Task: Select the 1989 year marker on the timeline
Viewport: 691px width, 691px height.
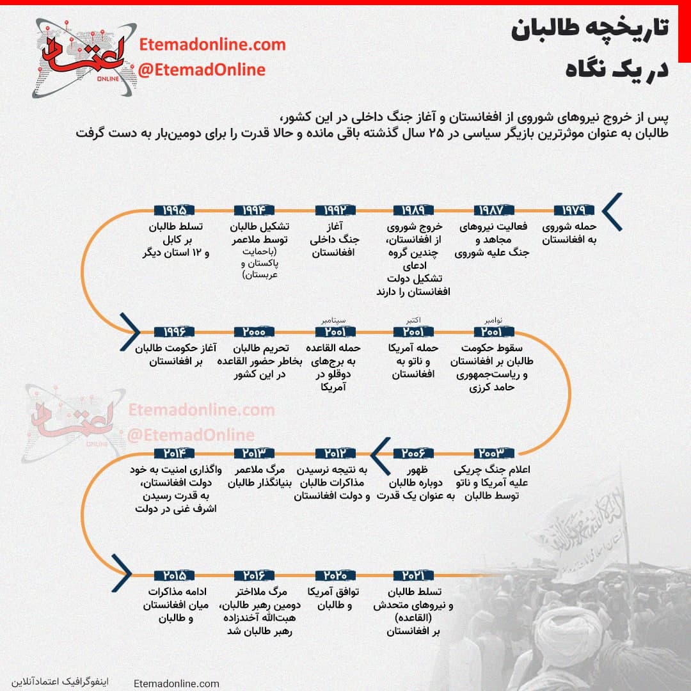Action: coord(413,210)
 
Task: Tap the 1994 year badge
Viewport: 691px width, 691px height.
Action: coord(254,210)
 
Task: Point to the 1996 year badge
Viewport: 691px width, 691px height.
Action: coord(174,331)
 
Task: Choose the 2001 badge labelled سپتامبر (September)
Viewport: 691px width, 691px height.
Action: coord(334,331)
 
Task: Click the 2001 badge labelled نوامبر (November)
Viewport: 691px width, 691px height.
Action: coord(493,331)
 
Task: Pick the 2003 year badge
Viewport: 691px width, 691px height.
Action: coord(493,453)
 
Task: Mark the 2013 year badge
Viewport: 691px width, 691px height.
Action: coord(254,453)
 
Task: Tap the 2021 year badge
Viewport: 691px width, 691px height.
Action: coord(413,575)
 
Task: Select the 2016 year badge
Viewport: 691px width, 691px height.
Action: coord(254,575)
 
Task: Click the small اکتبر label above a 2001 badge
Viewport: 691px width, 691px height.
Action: coord(413,320)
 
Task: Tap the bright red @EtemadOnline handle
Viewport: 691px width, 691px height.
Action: coord(202,70)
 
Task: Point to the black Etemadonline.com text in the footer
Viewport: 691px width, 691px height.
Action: coord(177,683)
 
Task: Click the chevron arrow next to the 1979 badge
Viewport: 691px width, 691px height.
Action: coord(612,211)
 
